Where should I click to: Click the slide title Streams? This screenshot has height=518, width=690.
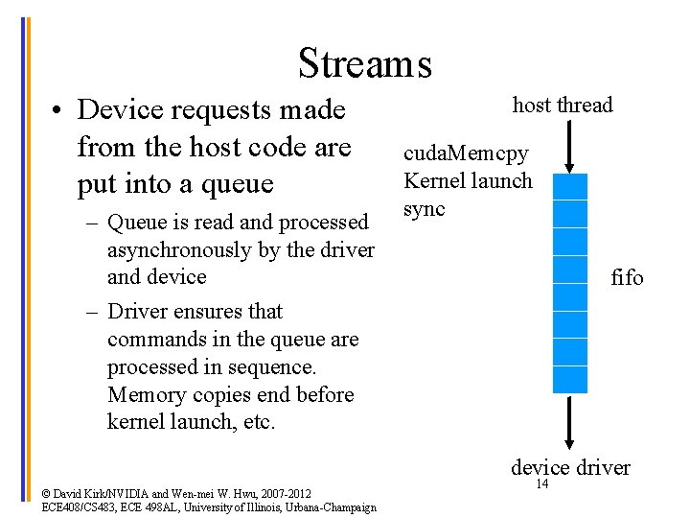click(x=364, y=63)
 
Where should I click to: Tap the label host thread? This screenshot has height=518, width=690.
click(x=563, y=106)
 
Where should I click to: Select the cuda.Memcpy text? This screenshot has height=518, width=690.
click(x=465, y=153)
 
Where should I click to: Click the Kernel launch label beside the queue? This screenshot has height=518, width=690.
click(x=468, y=180)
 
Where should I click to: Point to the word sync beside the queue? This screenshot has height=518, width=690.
click(x=425, y=208)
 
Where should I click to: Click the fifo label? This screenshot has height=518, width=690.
click(x=628, y=278)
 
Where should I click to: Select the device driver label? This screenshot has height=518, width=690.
click(x=570, y=467)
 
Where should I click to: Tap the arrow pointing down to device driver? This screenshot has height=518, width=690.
click(x=570, y=422)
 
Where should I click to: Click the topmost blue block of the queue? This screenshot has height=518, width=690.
click(x=570, y=186)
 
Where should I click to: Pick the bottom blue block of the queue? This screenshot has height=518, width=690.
click(x=570, y=380)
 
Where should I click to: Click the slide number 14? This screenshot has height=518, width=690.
click(x=541, y=484)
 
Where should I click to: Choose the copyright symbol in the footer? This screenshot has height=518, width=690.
click(x=48, y=494)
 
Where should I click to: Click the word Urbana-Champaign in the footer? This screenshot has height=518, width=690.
click(x=331, y=506)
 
